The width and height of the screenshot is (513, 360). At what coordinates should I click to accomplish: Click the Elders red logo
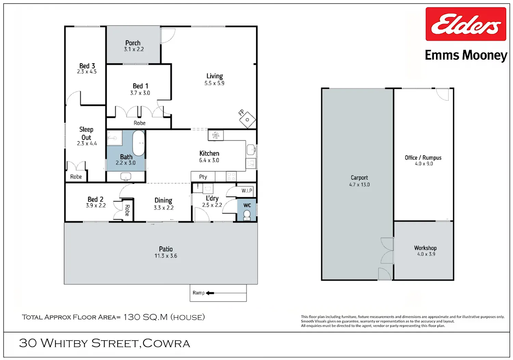(x=466, y=24)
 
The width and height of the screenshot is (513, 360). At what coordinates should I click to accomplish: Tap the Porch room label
(x=133, y=43)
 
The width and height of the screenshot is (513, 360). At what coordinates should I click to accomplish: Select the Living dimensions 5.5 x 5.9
(x=214, y=83)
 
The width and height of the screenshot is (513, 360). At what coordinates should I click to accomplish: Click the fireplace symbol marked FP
(x=247, y=120)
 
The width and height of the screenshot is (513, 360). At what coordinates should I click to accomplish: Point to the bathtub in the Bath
(x=139, y=143)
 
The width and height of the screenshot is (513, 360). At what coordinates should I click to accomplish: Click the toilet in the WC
(x=247, y=215)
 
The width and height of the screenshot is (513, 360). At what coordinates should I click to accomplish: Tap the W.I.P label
(x=247, y=191)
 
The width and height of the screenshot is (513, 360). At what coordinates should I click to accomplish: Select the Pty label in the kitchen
(x=203, y=177)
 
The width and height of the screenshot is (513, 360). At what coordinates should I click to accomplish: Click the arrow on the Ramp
(x=210, y=293)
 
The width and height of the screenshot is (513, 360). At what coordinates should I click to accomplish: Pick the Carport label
(x=359, y=178)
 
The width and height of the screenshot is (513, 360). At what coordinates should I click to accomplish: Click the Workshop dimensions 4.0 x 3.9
(x=426, y=254)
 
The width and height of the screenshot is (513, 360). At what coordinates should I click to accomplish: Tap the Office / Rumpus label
(x=423, y=158)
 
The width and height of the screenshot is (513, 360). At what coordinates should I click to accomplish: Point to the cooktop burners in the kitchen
(x=231, y=177)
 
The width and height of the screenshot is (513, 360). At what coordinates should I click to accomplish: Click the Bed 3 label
(x=87, y=66)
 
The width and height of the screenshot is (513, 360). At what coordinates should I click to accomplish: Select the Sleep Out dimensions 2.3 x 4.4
(x=87, y=143)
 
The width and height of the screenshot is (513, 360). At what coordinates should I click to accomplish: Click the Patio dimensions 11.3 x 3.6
(x=166, y=256)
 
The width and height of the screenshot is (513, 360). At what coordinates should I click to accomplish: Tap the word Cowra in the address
(x=166, y=343)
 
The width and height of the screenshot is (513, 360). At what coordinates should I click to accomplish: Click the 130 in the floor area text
(x=131, y=317)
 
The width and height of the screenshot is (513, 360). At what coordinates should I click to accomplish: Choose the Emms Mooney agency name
(x=466, y=55)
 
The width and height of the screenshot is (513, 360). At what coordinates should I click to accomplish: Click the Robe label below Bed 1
(x=140, y=123)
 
